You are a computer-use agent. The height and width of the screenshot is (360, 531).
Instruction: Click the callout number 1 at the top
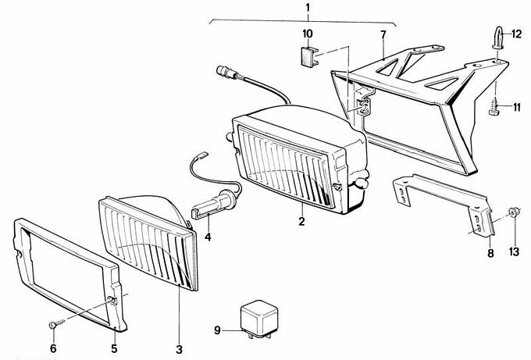coord(308,8)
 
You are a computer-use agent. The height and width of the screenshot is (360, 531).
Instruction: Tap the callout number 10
coord(308,34)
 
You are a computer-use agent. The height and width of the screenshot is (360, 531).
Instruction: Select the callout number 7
coord(383,34)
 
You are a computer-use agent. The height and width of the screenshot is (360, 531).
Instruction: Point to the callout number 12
coord(516,34)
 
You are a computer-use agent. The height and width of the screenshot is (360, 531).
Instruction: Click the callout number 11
coord(516,107)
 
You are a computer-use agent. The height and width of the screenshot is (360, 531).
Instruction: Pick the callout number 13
coord(514,251)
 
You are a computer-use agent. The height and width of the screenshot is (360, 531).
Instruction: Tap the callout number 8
coord(490,253)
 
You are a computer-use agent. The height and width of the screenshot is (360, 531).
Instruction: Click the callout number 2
coord(301,222)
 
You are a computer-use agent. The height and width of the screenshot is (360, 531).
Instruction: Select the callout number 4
coord(208,237)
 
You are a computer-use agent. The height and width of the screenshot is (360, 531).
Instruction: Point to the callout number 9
coord(217,330)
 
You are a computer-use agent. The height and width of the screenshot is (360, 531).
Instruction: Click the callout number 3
coord(179,349)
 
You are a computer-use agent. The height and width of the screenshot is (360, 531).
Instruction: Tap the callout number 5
coord(114,348)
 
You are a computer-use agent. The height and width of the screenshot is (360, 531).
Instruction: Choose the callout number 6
coord(53,348)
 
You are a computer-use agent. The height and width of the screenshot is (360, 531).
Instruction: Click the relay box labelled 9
coord(259,319)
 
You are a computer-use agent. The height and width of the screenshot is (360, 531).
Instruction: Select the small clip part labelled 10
coord(310,56)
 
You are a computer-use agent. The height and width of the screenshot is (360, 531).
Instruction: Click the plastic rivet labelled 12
coord(497,38)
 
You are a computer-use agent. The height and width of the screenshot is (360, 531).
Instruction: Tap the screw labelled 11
coord(495,106)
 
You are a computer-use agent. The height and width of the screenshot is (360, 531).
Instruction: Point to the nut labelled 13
coord(514,212)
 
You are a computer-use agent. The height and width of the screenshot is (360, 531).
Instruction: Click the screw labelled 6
coord(56,324)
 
